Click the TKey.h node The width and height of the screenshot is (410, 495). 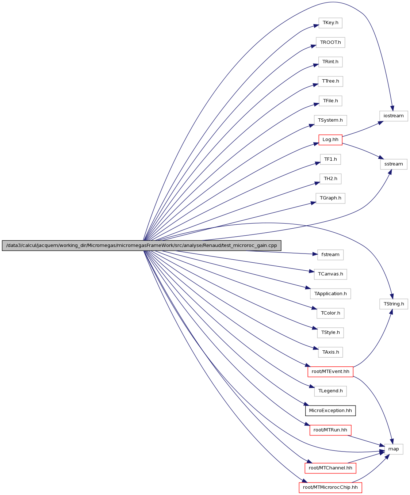(x=330, y=23)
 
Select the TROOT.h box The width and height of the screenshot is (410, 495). (x=330, y=42)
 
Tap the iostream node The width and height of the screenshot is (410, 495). (x=394, y=116)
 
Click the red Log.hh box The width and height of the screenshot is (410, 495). (x=330, y=140)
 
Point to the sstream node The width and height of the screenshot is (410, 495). (x=394, y=164)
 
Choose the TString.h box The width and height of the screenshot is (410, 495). (x=394, y=304)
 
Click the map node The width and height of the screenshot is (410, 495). (x=394, y=449)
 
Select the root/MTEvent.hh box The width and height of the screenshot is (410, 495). (x=330, y=372)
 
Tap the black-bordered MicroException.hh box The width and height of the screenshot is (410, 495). (x=330, y=410)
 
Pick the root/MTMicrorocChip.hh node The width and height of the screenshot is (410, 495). (x=330, y=487)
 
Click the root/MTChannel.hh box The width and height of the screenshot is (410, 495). (x=330, y=468)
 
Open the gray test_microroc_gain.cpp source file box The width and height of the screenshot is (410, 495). (x=142, y=245)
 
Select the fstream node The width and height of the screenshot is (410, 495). (x=330, y=255)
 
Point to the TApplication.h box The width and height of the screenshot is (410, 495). (x=330, y=294)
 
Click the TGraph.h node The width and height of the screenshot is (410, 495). (x=330, y=198)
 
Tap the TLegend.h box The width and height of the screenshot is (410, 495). (x=330, y=391)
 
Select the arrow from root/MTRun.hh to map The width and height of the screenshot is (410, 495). (x=366, y=441)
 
